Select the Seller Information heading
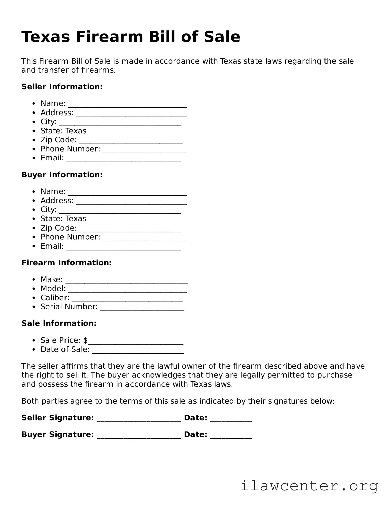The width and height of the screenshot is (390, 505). pos(62,87)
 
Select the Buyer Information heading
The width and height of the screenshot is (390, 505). pos(62,175)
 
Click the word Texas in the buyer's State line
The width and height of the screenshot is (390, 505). pos(76,219)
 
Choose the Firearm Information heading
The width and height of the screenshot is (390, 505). pos(67,263)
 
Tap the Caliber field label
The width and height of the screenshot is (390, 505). pos(55,298)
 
